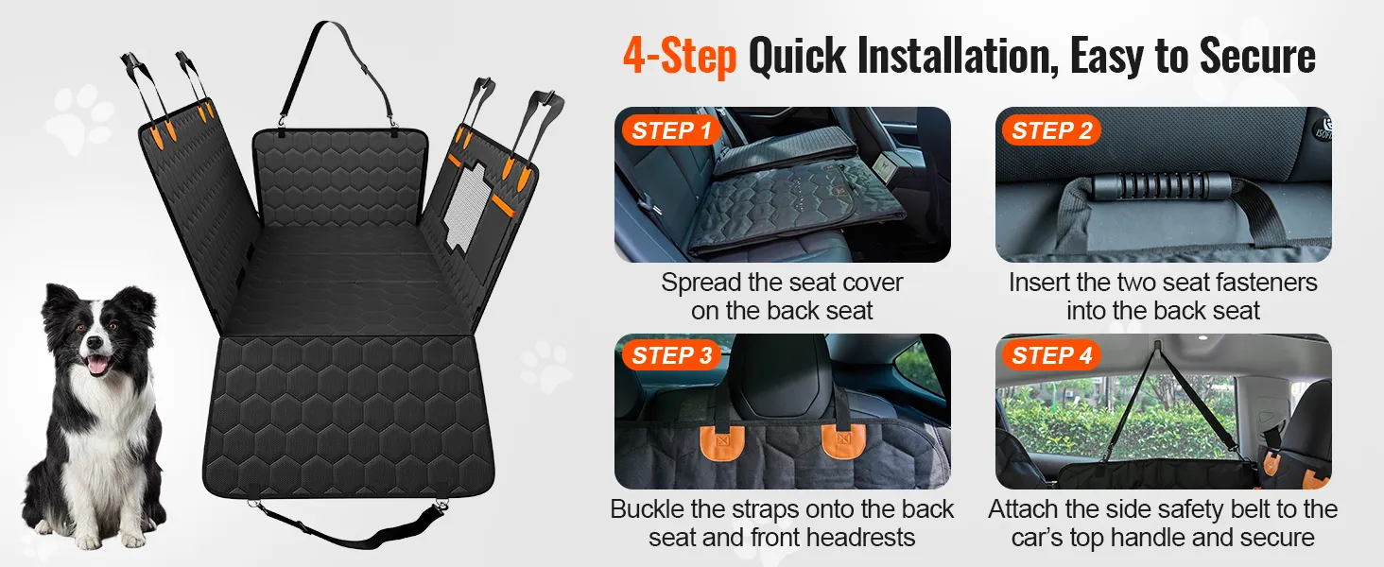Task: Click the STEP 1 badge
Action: [671, 130]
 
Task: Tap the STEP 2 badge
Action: [1051, 130]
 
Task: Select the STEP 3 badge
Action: [671, 355]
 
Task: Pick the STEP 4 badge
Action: [1051, 355]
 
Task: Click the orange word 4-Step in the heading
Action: [680, 57]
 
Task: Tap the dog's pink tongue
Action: [96, 366]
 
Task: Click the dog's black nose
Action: [94, 341]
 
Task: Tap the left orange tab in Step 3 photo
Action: [722, 441]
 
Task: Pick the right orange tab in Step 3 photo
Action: [841, 441]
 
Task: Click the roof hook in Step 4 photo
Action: [1157, 345]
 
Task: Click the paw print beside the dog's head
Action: [79, 118]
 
